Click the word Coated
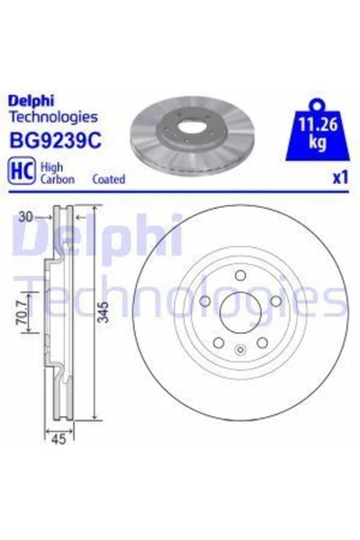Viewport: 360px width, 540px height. (108, 179)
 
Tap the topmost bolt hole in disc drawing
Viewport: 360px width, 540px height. (238, 277)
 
